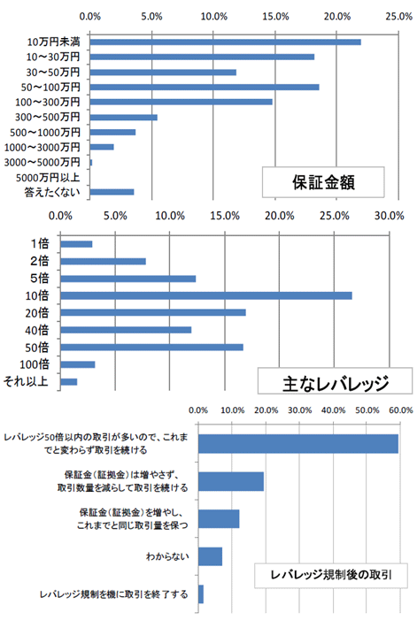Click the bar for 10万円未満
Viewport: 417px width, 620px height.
pyautogui.click(x=225, y=42)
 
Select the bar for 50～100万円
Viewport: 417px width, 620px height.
pyautogui.click(x=205, y=87)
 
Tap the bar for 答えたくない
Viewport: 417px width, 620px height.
pyautogui.click(x=112, y=192)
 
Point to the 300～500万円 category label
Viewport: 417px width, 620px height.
pyautogui.click(x=48, y=117)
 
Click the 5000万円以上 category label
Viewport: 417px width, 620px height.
pyautogui.click(x=48, y=178)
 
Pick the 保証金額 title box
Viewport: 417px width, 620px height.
pyautogui.click(x=323, y=182)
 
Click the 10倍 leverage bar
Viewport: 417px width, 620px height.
pyautogui.click(x=206, y=295)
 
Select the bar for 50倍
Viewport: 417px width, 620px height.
pyautogui.click(x=152, y=348)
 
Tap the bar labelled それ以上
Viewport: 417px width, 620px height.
pyautogui.click(x=69, y=381)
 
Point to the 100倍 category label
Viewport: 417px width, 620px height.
pyautogui.click(x=35, y=364)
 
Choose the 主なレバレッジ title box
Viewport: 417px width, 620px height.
pyautogui.click(x=335, y=381)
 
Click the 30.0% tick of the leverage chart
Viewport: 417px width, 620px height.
pyautogui.click(x=390, y=216)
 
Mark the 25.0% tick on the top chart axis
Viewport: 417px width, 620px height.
pyautogui.click(x=398, y=17)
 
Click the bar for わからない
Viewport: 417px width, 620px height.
pyautogui.click(x=210, y=556)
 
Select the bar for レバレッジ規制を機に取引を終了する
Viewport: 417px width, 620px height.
pyautogui.click(x=201, y=593)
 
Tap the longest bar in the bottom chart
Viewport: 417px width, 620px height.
pyautogui.click(x=298, y=444)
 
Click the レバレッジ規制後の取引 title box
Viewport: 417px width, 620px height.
pyautogui.click(x=331, y=575)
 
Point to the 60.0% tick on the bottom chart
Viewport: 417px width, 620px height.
pyautogui.click(x=401, y=410)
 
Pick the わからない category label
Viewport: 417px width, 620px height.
pyautogui.click(x=167, y=556)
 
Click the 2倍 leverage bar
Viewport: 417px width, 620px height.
pyautogui.click(x=104, y=261)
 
